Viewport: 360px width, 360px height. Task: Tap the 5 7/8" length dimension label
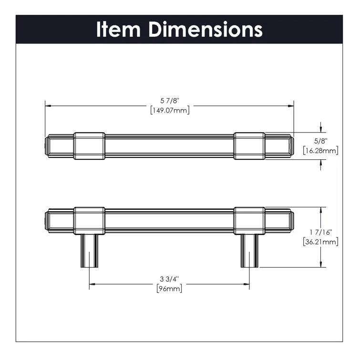coord(169,101)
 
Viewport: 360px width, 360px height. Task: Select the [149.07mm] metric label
coord(169,110)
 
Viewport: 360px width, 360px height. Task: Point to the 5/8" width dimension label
coord(320,142)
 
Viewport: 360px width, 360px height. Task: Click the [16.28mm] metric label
coord(320,151)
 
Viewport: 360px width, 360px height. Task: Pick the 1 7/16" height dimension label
coord(320,232)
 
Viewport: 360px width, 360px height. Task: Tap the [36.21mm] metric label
coord(320,241)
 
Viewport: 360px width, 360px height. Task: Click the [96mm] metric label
coord(169,288)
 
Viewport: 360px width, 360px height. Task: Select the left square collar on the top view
coord(89,145)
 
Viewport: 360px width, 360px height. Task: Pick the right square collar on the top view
coord(249,145)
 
